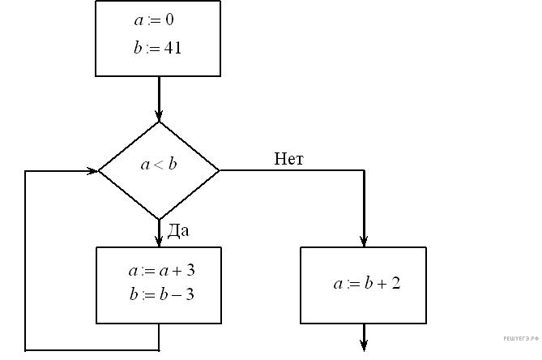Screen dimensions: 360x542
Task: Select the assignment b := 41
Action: [157, 48]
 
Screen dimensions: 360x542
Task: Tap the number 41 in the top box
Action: [172, 48]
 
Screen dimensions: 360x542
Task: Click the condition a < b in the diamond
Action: [159, 165]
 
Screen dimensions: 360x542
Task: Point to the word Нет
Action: [288, 159]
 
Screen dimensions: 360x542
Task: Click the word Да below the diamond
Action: [178, 231]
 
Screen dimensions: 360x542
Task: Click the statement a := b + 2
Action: [367, 284]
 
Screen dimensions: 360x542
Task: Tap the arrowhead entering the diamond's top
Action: [159, 115]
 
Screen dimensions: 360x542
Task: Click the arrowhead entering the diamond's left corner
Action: [91, 171]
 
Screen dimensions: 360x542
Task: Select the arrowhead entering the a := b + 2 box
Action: [364, 240]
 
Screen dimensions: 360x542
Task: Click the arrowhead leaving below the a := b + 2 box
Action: [364, 346]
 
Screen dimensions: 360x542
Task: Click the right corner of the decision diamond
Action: [219, 170]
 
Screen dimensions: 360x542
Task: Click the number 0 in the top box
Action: [169, 19]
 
